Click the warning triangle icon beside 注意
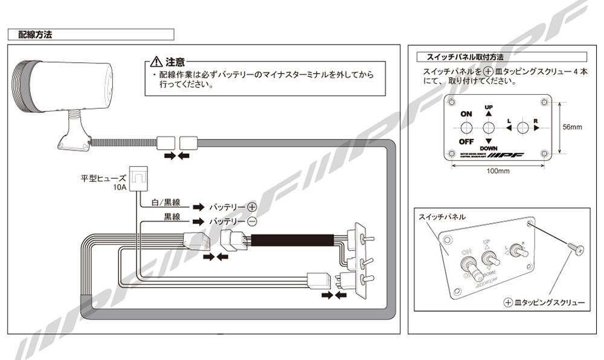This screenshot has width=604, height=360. tap(156, 62)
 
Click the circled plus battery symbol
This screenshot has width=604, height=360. tap(252, 207)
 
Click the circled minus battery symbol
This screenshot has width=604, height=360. tap(252, 222)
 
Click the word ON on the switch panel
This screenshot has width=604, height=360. tap(466, 114)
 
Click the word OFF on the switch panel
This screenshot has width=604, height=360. tap(466, 142)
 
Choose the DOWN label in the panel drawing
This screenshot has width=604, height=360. tap(489, 148)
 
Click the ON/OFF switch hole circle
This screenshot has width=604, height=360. tap(466, 128)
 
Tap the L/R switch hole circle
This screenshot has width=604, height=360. tap(523, 127)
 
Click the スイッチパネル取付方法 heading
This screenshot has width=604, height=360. tap(461, 57)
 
